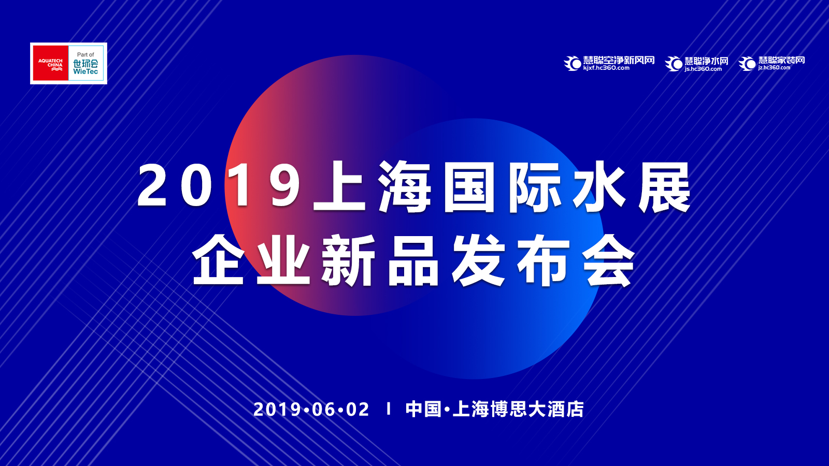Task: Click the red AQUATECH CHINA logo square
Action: (x=50, y=63)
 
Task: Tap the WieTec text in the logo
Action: (x=85, y=71)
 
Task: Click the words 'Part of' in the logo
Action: (x=85, y=54)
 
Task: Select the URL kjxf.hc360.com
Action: (x=606, y=68)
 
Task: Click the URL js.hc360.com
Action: (x=703, y=69)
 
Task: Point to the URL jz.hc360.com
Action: (x=774, y=68)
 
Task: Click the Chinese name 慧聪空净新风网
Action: (x=619, y=60)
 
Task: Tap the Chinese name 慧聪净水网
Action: (x=707, y=61)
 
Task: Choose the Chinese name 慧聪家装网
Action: (x=782, y=60)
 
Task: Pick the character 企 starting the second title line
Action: (x=218, y=260)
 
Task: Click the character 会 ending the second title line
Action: (x=609, y=260)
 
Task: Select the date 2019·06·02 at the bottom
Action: (x=311, y=410)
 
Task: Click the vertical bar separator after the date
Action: (x=389, y=409)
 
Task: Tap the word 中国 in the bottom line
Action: (x=423, y=410)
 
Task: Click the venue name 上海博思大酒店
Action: (x=518, y=410)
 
